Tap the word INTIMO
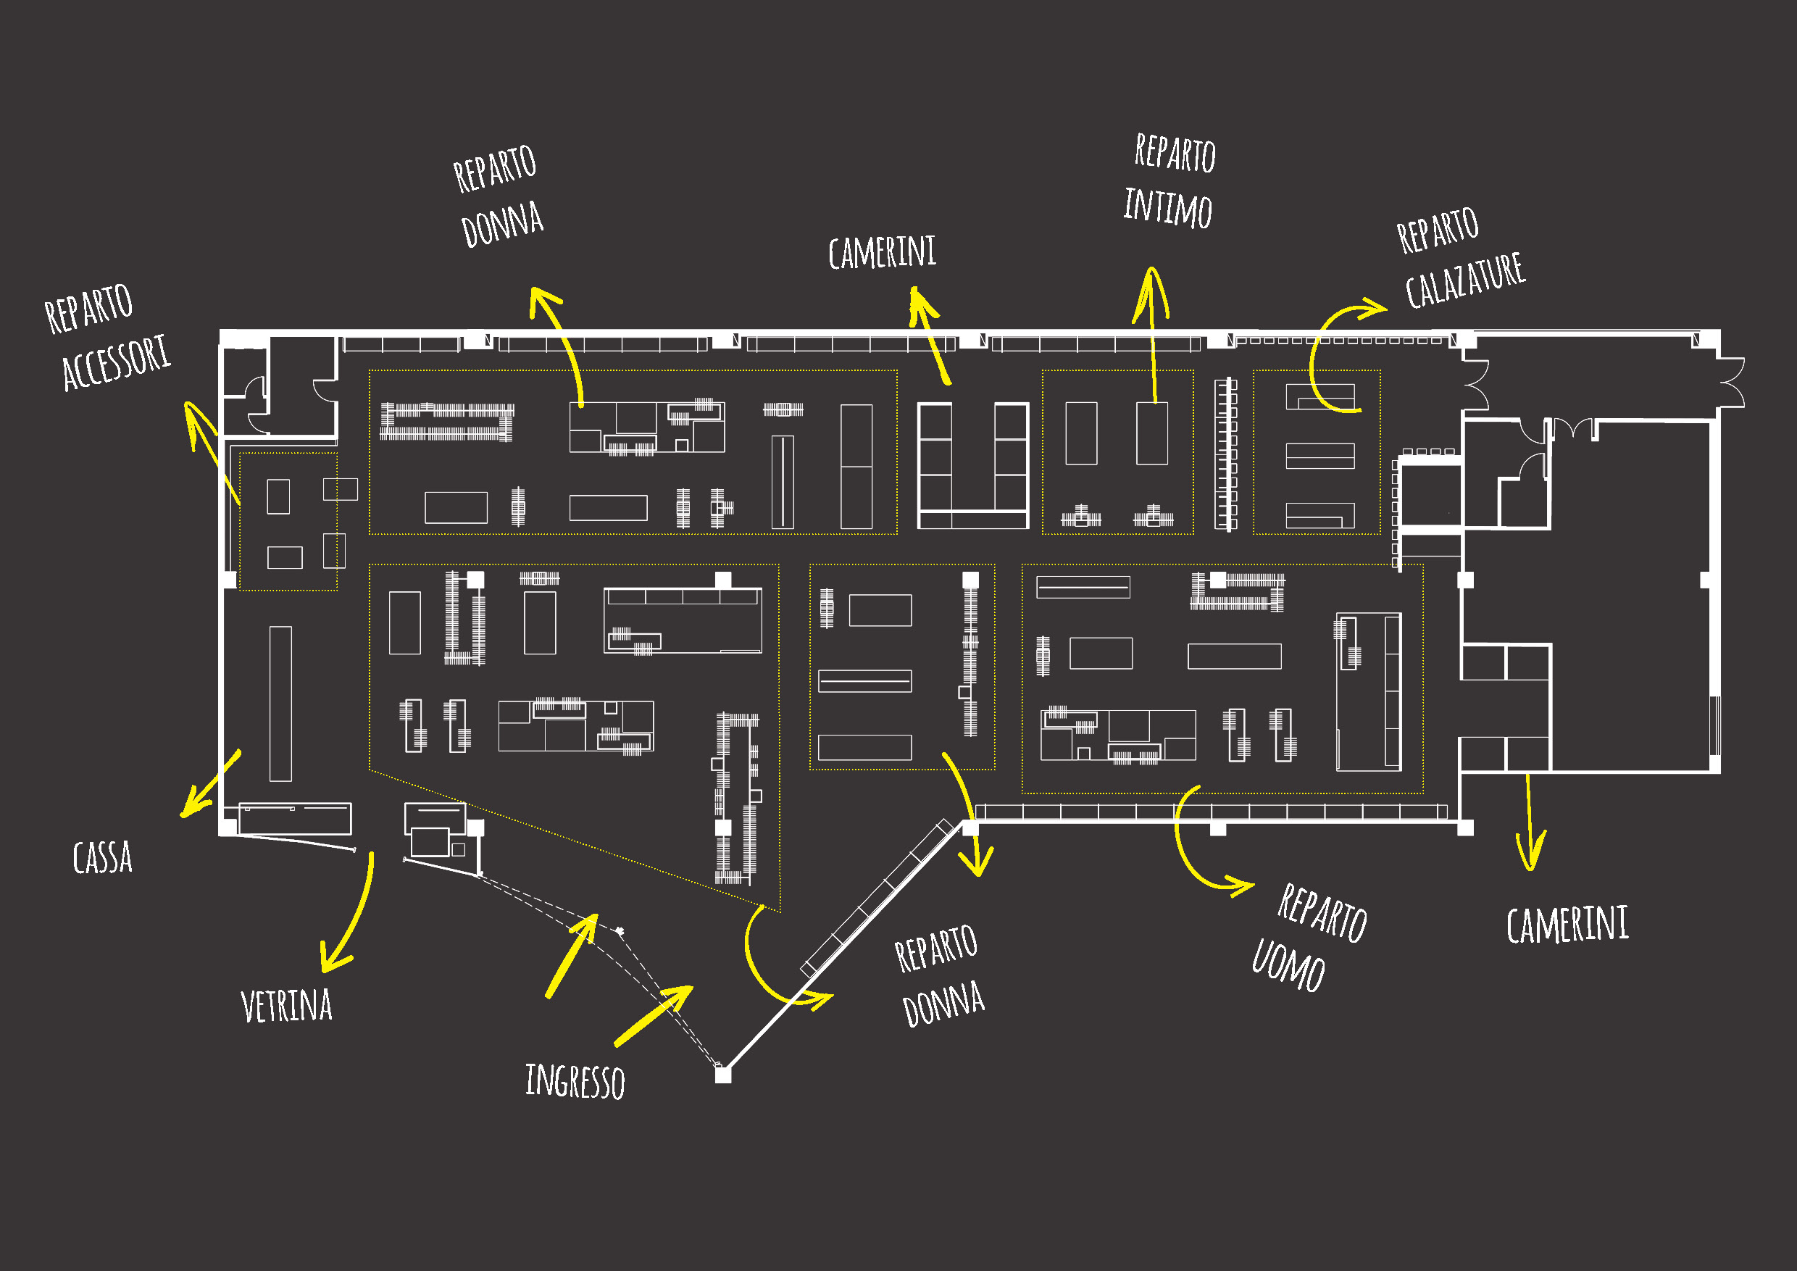1168,207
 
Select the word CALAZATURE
1465,280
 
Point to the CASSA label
102,857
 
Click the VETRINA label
286,1005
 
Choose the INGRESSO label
575,1081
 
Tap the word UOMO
1288,964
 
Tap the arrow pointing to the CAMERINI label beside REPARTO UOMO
1529,822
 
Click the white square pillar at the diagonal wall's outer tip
723,1075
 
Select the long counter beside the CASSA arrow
281,704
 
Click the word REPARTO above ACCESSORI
88,309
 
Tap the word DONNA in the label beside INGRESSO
943,1004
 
